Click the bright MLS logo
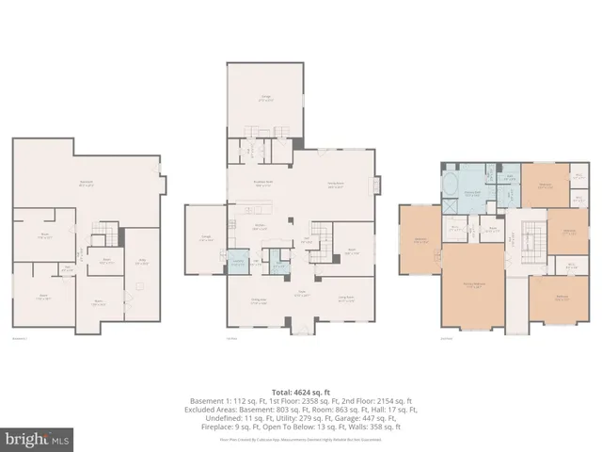tap(37, 439)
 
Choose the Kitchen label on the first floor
tap(259, 226)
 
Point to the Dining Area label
tap(256, 300)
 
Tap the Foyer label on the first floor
tap(302, 292)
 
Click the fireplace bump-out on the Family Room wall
tap(379, 184)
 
